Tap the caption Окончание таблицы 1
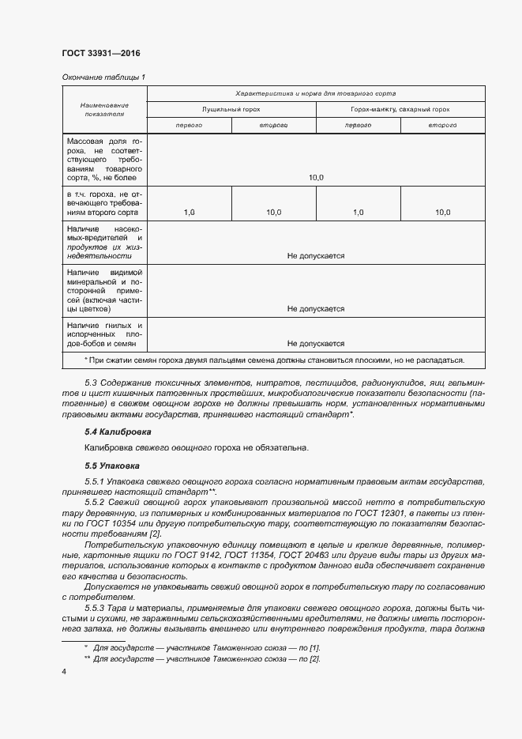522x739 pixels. click(103, 77)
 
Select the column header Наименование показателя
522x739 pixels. click(104, 110)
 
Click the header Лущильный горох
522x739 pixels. click(231, 109)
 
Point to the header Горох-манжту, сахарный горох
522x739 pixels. click(400, 109)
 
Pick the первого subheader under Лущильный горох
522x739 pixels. click(189, 126)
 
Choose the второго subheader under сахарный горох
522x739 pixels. click(442, 126)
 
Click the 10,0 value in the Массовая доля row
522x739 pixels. click(316, 178)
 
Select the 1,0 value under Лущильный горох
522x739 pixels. click(189, 212)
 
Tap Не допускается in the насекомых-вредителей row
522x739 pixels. click(316, 256)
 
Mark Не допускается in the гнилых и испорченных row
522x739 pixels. click(316, 344)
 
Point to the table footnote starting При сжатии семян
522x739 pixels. click(274, 360)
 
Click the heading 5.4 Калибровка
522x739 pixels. click(118, 432)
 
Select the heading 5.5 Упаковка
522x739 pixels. click(111, 466)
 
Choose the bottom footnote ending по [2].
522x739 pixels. click(205, 658)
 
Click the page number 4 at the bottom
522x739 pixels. click(64, 672)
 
